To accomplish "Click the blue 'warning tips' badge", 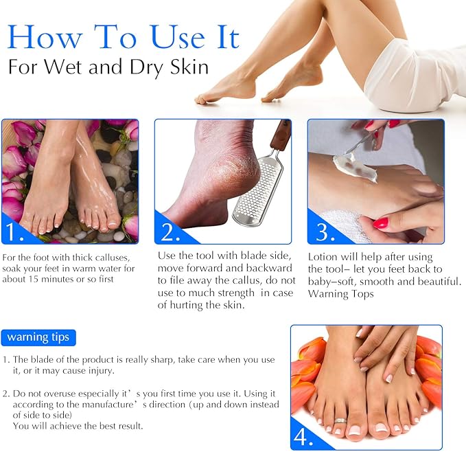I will pos(38,337).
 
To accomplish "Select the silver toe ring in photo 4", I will pos(341,420).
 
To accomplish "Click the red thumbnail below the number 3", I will pos(382,223).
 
